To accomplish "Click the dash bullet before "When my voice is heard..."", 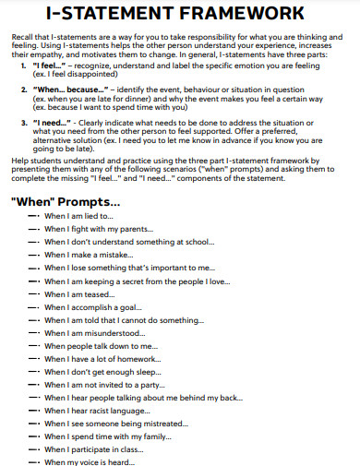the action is click(35, 461).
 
